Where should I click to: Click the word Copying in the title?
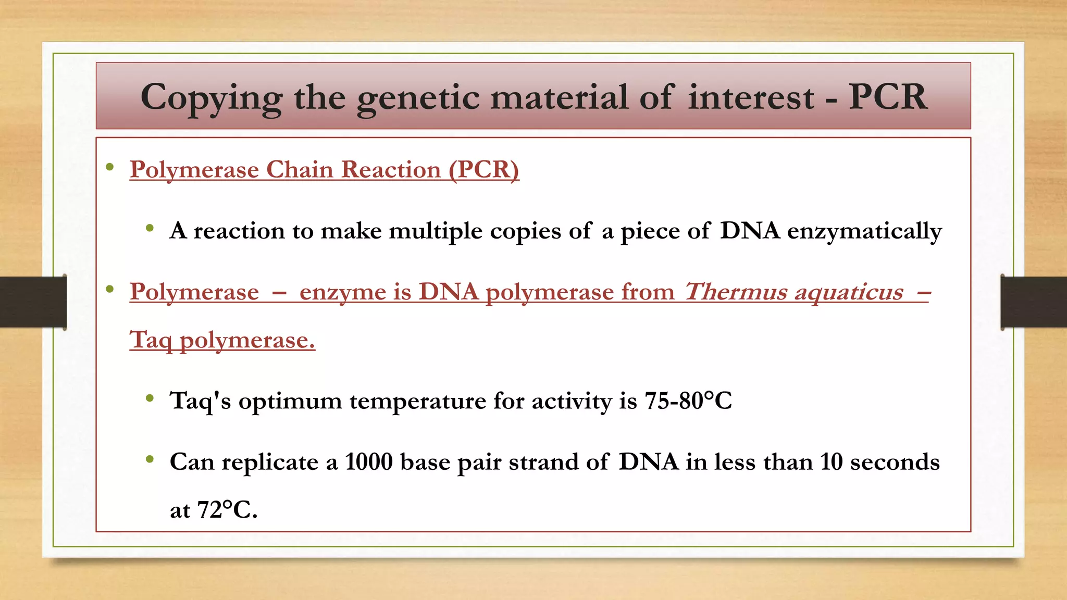(211, 98)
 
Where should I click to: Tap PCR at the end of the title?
(888, 97)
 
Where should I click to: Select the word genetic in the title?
(418, 98)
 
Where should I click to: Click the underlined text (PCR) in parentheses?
(484, 170)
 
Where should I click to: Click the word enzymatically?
(864, 231)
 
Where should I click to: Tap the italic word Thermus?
(735, 292)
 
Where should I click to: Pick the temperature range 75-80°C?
(688, 401)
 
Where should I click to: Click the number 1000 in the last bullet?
(368, 462)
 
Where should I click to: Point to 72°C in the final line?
(227, 510)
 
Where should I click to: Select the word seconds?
(895, 462)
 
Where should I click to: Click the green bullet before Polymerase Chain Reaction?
(109, 168)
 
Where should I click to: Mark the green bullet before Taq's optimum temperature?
(150, 399)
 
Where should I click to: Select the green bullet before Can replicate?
(150, 459)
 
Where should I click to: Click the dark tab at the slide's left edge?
(33, 302)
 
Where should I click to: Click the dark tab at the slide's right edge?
(1034, 302)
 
